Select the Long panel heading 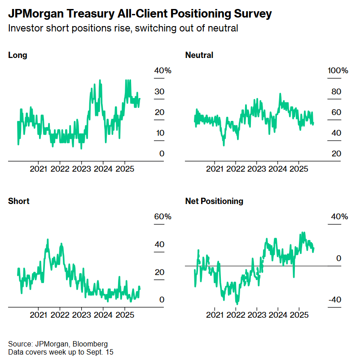coord(18,55)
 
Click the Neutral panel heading coord(199,55)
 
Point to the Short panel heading coord(19,201)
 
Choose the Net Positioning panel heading coord(214,201)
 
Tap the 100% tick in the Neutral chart coord(338,71)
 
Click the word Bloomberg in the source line coord(91,344)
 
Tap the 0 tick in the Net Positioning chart coord(339,258)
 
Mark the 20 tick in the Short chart coord(159,272)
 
